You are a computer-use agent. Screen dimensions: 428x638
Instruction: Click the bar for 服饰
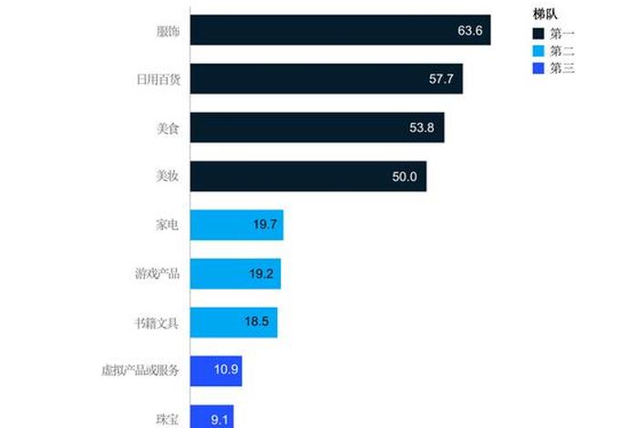[x=340, y=30]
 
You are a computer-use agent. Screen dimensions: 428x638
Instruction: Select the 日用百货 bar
[x=326, y=79]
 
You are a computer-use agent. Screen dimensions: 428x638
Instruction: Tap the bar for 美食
[x=317, y=127]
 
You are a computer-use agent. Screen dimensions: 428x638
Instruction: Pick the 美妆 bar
[x=308, y=177]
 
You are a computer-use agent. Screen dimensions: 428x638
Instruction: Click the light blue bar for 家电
[x=236, y=225]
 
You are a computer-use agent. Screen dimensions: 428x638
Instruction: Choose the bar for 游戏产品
[x=235, y=273]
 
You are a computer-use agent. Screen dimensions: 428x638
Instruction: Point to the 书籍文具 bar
[x=233, y=322]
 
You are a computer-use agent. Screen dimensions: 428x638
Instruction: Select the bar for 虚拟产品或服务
[x=216, y=371]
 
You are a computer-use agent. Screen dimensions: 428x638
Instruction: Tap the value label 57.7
[x=441, y=79]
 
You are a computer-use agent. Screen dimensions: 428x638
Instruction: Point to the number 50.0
[x=404, y=177]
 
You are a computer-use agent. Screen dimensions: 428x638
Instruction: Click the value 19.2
[x=263, y=273]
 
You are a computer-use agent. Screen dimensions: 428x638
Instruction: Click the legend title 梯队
[x=545, y=13]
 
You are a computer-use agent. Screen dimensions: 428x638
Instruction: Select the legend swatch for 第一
[x=539, y=33]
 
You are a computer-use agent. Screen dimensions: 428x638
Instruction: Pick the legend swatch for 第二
[x=539, y=50]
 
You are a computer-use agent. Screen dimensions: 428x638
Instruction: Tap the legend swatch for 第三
[x=539, y=67]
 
